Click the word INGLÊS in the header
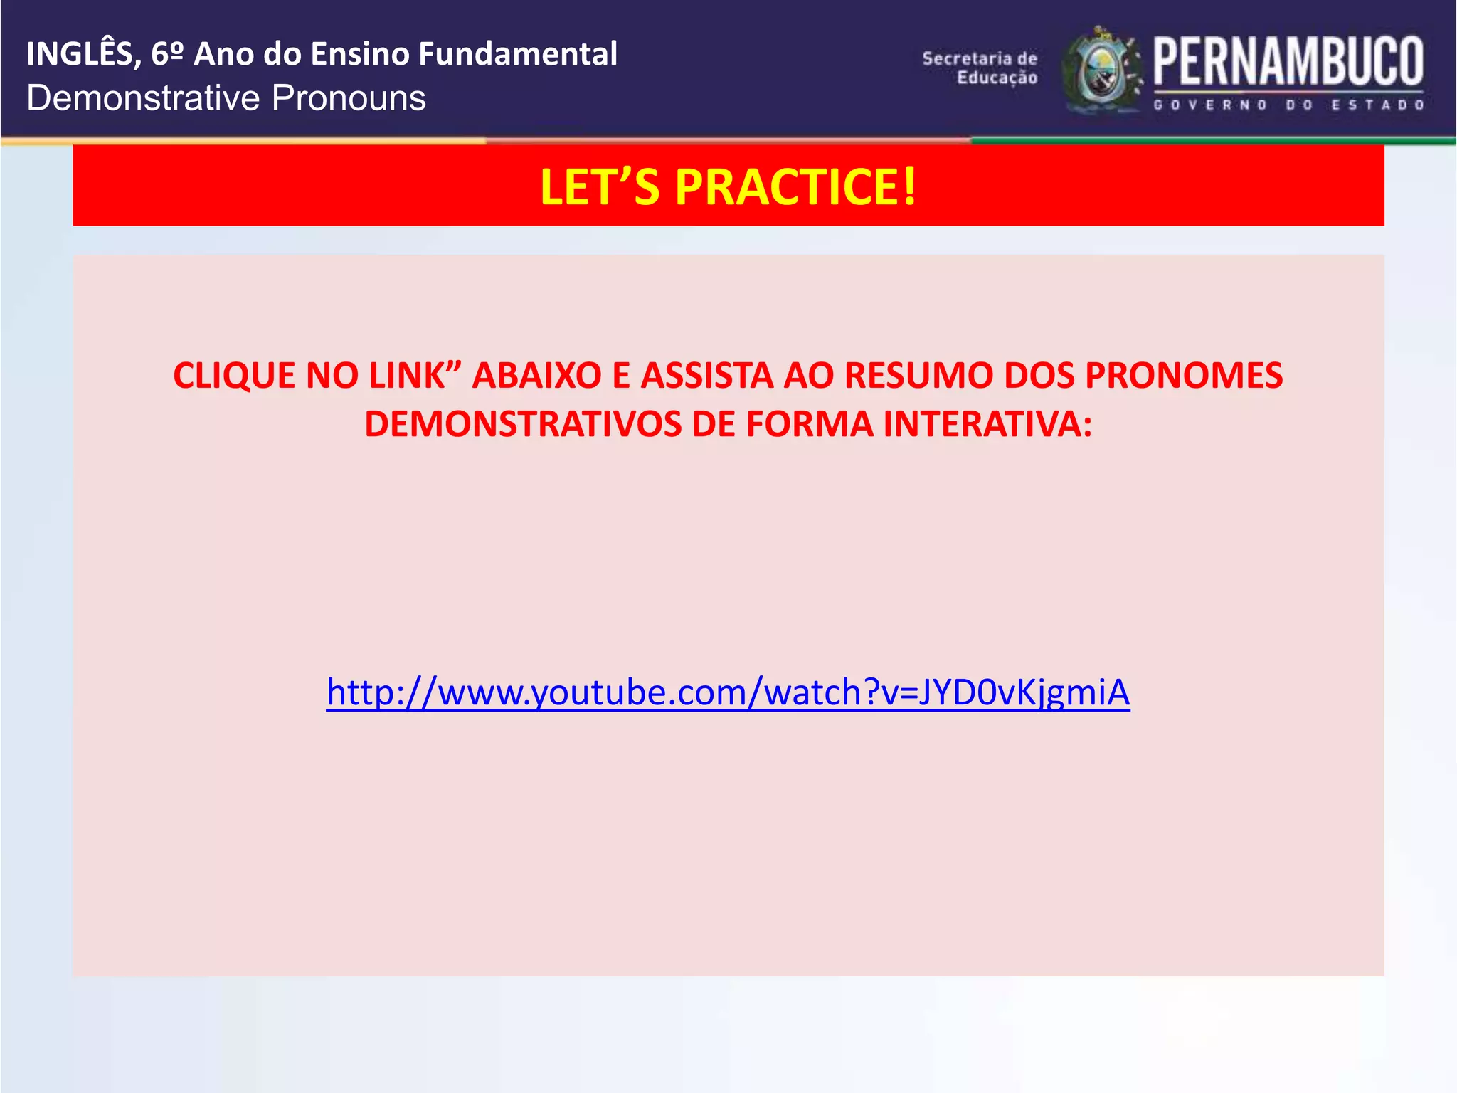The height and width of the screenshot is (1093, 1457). pos(79,54)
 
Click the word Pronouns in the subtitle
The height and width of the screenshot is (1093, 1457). pos(349,98)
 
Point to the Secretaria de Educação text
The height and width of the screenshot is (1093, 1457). pos(980,68)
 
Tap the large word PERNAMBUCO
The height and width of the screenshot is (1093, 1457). pos(1288,62)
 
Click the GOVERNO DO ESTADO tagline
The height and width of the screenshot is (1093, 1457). pos(1288,105)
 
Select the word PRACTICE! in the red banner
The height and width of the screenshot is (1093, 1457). pos(796,187)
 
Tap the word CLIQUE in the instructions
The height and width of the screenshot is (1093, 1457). pos(234,376)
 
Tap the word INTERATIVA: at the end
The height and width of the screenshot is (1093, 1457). pos(987,424)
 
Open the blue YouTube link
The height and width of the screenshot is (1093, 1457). pos(728,692)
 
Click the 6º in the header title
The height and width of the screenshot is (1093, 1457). pos(168,54)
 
